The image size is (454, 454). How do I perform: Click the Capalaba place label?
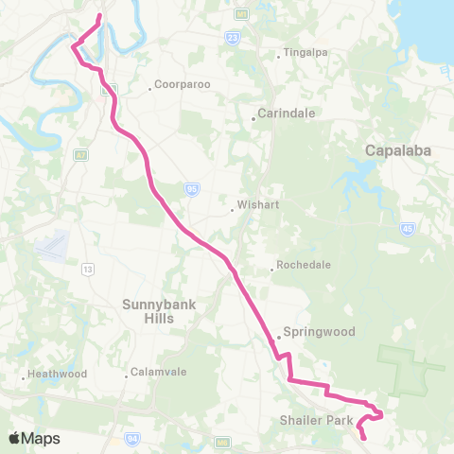coord(398,150)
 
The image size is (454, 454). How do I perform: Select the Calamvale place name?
coord(152,373)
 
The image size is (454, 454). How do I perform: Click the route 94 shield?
coord(133,438)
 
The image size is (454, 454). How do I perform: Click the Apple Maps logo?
coord(35,438)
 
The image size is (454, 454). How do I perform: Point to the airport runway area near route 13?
coord(53,247)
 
